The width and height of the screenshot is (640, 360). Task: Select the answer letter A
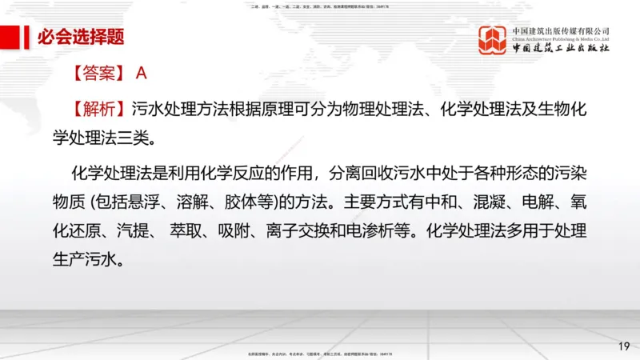(x=141, y=74)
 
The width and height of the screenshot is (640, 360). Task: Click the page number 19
(x=624, y=346)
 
